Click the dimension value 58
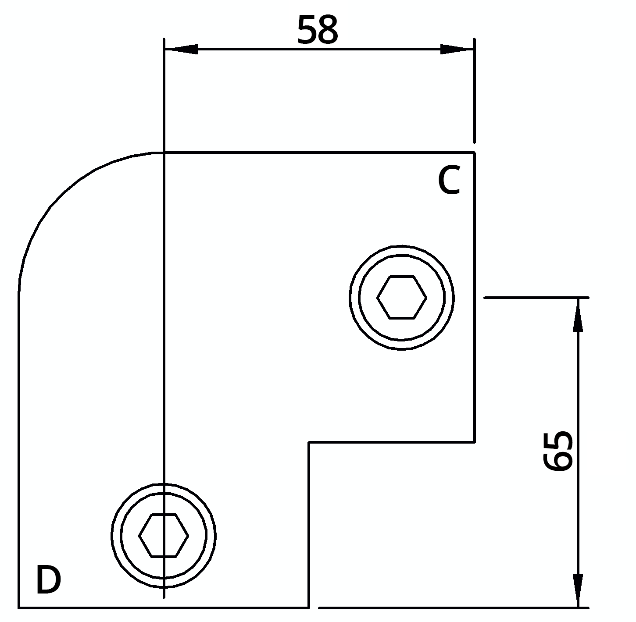pyautogui.click(x=318, y=30)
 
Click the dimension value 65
pyautogui.click(x=558, y=451)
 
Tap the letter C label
pyautogui.click(x=449, y=181)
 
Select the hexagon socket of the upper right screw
pyautogui.click(x=401, y=297)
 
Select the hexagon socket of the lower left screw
pyautogui.click(x=164, y=535)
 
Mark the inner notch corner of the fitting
pyautogui.click(x=309, y=442)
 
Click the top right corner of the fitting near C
pyautogui.click(x=474, y=153)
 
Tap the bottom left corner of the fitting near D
pyautogui.click(x=19, y=608)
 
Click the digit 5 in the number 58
pyautogui.click(x=307, y=30)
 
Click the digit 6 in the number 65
pyautogui.click(x=558, y=462)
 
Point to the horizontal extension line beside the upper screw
pyautogui.click(x=535, y=298)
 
